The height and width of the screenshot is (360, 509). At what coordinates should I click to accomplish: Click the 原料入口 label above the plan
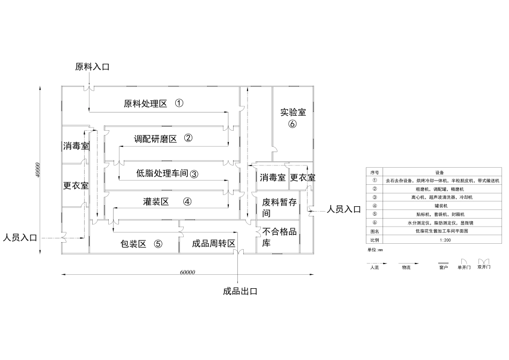pos(92,67)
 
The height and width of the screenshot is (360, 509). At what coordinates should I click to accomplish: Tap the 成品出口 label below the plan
pos(241,291)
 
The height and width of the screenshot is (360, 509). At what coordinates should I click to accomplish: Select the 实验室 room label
pos(293,112)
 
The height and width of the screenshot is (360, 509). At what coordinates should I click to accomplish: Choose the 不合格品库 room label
pos(279,237)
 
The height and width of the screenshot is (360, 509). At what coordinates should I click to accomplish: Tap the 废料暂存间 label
pos(279,208)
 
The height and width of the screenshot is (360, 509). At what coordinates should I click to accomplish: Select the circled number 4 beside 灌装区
pos(187,201)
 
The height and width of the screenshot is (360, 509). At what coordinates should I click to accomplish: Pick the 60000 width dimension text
pos(187,273)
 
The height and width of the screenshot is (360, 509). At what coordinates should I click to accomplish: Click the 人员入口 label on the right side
pos(344,209)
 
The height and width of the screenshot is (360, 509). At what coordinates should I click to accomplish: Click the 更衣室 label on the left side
pos(76,186)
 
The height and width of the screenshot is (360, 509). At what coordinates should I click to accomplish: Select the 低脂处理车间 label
pos(162,173)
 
